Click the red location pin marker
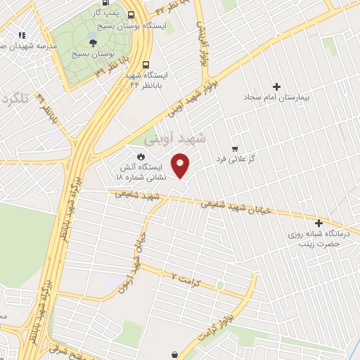pyautogui.click(x=181, y=165)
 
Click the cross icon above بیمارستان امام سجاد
pyautogui.click(x=276, y=87)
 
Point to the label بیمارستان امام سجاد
pyautogui.click(x=276, y=98)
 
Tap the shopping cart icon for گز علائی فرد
pyautogui.click(x=235, y=149)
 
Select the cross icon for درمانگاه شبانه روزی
pyautogui.click(x=319, y=222)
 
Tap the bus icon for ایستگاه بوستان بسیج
pyautogui.click(x=131, y=14)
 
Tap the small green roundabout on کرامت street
pyautogui.click(x=220, y=284)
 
